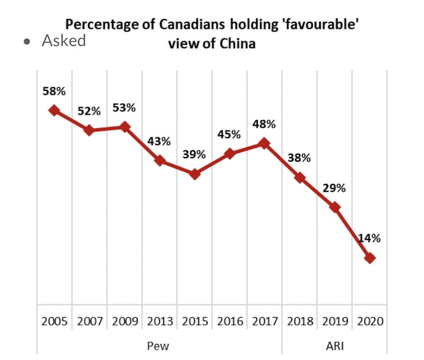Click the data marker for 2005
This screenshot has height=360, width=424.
pos(54,110)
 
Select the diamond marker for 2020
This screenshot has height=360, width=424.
pos(370,258)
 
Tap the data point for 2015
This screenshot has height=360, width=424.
pos(195,174)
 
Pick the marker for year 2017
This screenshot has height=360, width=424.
pos(264,143)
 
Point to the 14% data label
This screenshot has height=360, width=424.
pos(370,238)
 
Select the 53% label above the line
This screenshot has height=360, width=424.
pos(124,107)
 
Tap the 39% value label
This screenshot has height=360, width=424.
pos(194,154)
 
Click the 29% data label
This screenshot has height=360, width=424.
pos(334,188)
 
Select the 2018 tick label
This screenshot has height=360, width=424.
pos(299,321)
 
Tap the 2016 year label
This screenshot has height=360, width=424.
pos(229,321)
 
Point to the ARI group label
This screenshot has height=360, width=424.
pos(334,345)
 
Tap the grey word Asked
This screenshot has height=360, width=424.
pos(64,41)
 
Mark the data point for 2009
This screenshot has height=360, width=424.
pos(124,127)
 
